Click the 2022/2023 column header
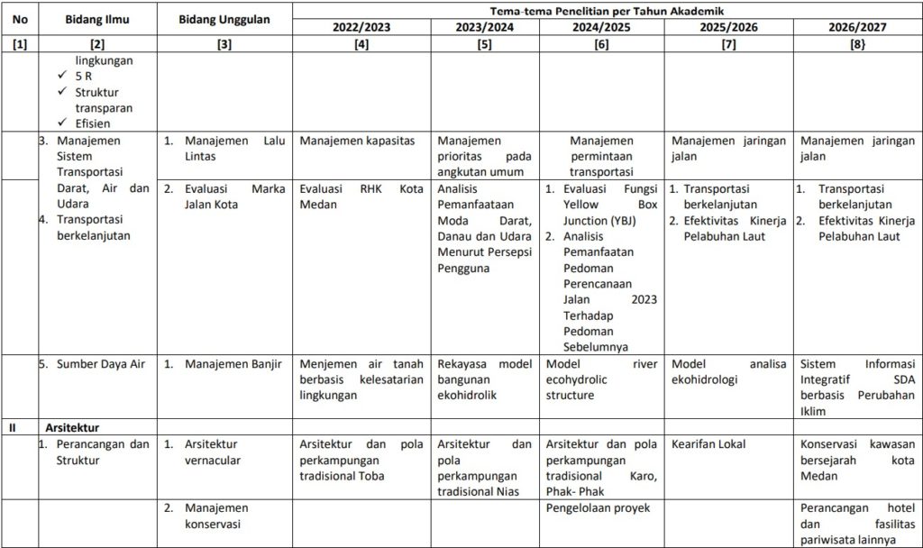(361, 27)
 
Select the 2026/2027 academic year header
(857, 27)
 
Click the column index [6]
(601, 43)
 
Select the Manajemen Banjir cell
(233, 364)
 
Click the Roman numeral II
(12, 427)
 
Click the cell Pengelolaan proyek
(598, 507)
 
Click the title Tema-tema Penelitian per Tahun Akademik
(608, 10)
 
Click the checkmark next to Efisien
(62, 123)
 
